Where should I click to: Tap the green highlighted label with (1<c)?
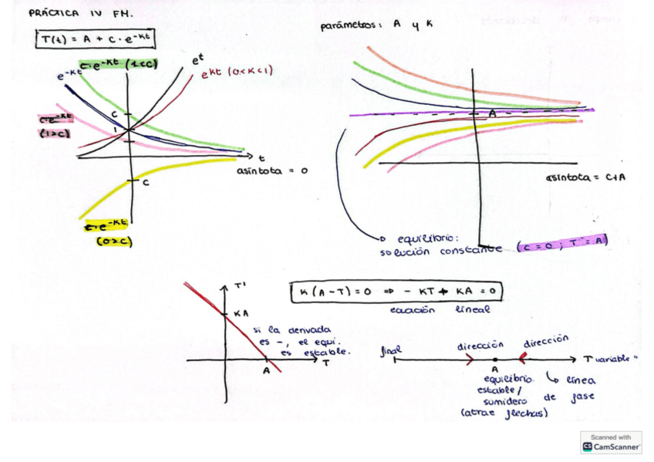[x=116, y=64]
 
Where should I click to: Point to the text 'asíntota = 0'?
[x=271, y=170]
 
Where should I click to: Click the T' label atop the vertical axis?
[x=240, y=285]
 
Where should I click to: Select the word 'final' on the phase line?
[x=392, y=351]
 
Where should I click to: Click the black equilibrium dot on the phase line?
[x=494, y=359]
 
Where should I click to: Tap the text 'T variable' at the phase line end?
[x=612, y=359]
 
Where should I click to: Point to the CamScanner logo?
[x=612, y=442]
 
